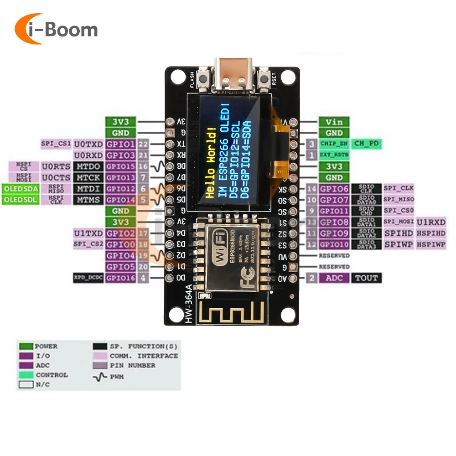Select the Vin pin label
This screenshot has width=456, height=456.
(334, 122)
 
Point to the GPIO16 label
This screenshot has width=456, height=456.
(120, 278)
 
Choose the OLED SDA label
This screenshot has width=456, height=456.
(21, 188)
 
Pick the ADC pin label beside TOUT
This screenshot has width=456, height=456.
(334, 278)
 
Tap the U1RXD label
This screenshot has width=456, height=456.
(431, 222)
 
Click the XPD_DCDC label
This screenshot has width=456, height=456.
(88, 278)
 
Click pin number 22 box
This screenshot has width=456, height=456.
(143, 144)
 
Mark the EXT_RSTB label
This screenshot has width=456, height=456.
(334, 155)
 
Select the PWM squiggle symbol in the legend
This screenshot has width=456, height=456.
(99, 376)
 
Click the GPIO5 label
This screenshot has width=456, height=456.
(120, 267)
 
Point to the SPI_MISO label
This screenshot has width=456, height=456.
(398, 200)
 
